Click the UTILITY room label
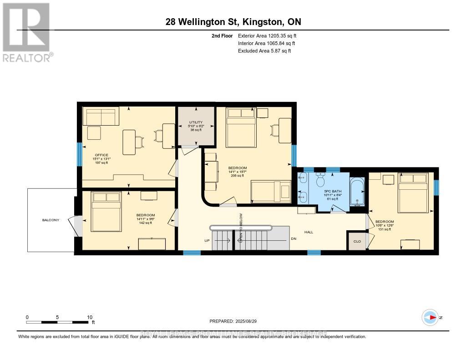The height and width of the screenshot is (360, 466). coord(196,122)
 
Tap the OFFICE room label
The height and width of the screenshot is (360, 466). coord(101,155)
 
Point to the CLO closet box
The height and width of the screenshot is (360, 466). coord(357,241)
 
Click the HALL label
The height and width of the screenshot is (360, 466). coord(309,232)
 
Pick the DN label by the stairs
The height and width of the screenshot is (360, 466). coord(294,239)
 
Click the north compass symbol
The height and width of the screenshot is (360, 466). coord(430,317)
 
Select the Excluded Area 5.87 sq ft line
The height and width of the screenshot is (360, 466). coord(264,51)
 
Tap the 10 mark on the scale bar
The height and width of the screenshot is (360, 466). coord(89,317)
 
